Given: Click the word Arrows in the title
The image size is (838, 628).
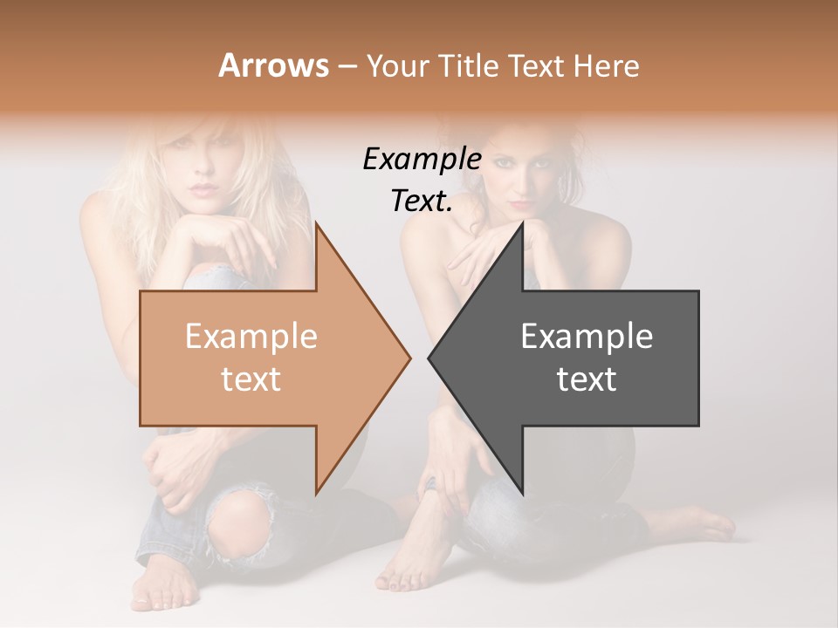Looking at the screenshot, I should click(x=273, y=65).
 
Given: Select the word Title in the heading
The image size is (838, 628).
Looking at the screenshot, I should click(x=466, y=65).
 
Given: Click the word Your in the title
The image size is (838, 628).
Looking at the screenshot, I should click(x=398, y=65).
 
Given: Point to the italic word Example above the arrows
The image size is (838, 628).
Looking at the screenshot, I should click(x=422, y=160).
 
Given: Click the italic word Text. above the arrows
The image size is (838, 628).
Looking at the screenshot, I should click(x=422, y=201).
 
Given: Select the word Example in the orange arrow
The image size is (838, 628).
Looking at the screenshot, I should click(x=251, y=337).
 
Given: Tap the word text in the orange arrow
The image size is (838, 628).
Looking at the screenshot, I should click(x=251, y=379).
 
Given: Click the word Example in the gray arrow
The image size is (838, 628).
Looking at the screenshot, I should click(x=587, y=337).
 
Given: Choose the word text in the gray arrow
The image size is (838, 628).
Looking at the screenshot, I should click(x=587, y=379).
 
